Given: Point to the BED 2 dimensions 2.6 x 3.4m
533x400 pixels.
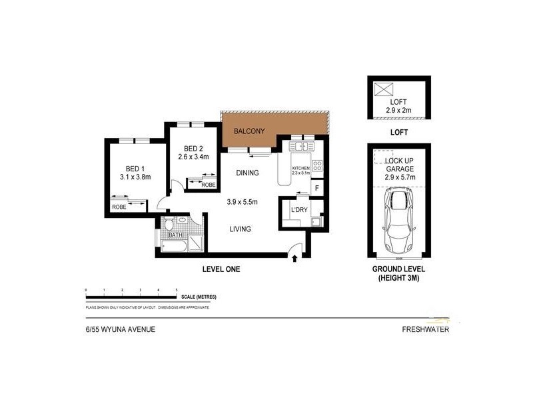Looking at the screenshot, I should point(193,157).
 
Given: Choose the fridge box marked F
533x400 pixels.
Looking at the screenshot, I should point(317,189).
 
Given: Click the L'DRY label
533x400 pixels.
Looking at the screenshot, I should point(298,211).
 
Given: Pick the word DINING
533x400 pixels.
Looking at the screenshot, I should point(247,173).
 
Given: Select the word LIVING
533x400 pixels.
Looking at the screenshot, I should point(241,229).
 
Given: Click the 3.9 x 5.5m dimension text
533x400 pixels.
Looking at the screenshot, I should point(242,202).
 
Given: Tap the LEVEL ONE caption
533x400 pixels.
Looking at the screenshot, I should point(221,269).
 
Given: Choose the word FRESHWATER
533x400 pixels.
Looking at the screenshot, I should point(425,329).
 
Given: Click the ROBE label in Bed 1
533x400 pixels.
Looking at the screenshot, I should point(119,207).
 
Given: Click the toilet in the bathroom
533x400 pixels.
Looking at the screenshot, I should point(169,223).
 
